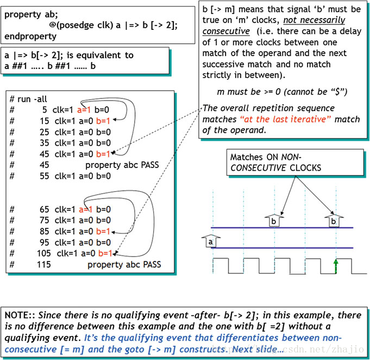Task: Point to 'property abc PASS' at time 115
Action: tap(124, 265)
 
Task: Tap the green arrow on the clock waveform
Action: tap(336, 266)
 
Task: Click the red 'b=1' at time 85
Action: tap(104, 232)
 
